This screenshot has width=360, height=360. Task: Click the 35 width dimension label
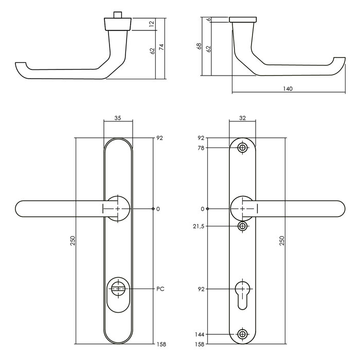(x=117, y=118)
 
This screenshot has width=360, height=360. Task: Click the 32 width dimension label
(x=242, y=118)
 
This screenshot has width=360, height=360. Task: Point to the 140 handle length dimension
(x=287, y=89)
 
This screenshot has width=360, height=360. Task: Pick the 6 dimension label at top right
(x=208, y=20)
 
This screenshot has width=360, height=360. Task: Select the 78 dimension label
(x=201, y=148)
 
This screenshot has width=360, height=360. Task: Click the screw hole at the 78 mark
(x=242, y=148)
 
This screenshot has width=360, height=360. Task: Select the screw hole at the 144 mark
(x=242, y=334)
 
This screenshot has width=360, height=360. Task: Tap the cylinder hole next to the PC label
(x=118, y=289)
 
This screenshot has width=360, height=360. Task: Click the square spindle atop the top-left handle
(x=118, y=12)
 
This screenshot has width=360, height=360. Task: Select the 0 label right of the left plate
(x=158, y=209)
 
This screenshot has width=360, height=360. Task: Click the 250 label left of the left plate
(x=73, y=241)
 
